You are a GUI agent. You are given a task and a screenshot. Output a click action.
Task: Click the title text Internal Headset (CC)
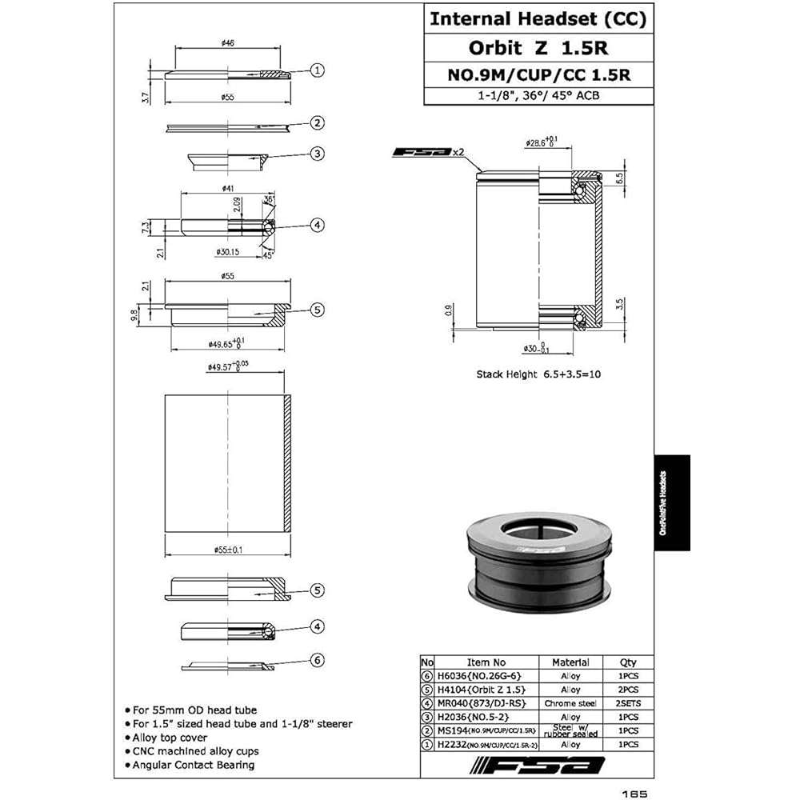coord(538,19)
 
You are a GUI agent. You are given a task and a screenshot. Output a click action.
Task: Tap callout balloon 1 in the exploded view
coord(318,70)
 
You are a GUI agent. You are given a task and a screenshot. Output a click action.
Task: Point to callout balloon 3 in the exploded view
coord(318,154)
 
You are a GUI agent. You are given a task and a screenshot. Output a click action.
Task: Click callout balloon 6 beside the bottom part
coord(318,660)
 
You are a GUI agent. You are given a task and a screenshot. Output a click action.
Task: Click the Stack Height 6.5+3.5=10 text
coord(538,374)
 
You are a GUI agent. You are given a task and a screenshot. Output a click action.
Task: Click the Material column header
coord(571,662)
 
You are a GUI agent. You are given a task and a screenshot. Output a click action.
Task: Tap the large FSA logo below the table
coord(538,767)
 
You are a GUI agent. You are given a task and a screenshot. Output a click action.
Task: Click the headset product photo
coord(538,564)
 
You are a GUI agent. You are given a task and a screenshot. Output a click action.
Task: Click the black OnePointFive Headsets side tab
coord(671,502)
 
